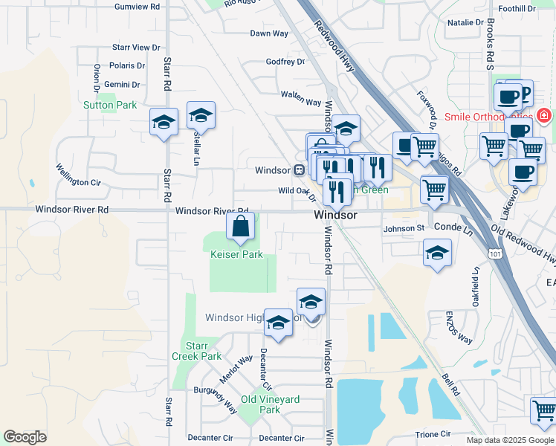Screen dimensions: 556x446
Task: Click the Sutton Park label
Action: (x=110, y=106)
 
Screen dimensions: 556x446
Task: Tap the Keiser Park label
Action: (x=236, y=254)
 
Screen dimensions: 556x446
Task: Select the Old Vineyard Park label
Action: (x=270, y=404)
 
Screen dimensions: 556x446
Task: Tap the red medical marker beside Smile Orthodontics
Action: (x=544, y=116)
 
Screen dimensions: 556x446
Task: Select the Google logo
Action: (x=25, y=437)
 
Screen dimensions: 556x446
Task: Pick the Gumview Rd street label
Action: (x=137, y=6)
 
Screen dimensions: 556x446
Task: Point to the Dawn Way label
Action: (x=269, y=33)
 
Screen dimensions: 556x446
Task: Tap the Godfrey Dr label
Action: (x=285, y=62)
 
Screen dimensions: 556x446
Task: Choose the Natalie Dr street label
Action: (x=465, y=23)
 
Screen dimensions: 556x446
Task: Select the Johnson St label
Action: (x=404, y=228)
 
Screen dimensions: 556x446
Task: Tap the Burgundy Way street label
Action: (x=216, y=399)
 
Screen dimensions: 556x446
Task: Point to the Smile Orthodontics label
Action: (x=488, y=117)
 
